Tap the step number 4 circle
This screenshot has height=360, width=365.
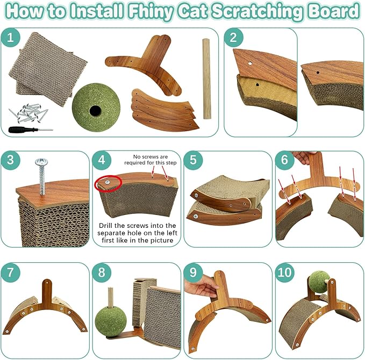pyautogui.click(x=102, y=161)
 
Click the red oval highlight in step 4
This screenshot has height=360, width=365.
pyautogui.click(x=108, y=183)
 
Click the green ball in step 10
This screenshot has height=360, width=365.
pyautogui.click(x=319, y=282)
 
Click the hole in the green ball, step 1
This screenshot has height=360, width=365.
pyautogui.click(x=95, y=111)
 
